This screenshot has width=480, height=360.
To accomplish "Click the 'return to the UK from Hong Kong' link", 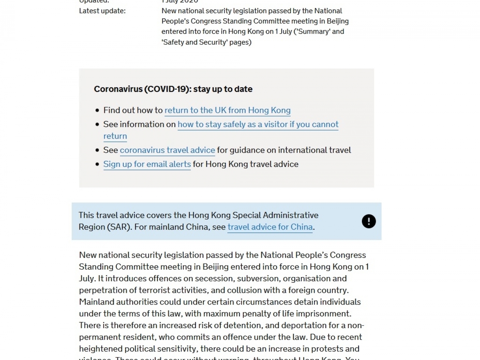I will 227,110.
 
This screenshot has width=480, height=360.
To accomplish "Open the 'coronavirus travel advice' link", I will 167,150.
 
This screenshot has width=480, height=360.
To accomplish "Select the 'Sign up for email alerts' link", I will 147,164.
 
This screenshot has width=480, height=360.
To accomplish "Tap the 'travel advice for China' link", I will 270,227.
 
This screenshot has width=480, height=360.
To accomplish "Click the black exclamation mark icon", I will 369,221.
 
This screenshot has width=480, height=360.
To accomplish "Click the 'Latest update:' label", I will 102,11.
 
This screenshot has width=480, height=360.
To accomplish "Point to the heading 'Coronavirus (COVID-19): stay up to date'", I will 173,89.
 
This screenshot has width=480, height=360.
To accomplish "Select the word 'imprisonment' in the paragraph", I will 325,313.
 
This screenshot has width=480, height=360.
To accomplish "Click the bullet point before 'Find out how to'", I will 97,110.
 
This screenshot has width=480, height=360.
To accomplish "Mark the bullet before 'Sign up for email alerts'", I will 97,164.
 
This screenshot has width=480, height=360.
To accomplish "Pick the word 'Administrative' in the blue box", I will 291,215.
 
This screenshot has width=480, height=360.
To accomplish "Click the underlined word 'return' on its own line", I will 115,136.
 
